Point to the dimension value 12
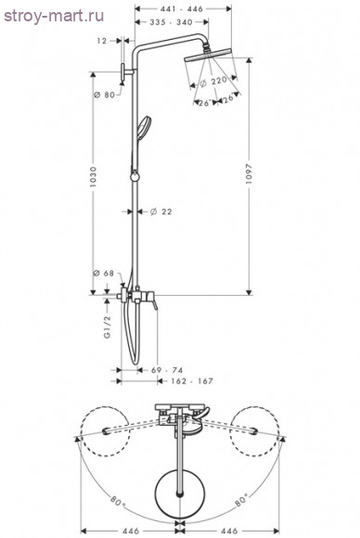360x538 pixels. point(101,41)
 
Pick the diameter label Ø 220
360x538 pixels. point(213,82)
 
